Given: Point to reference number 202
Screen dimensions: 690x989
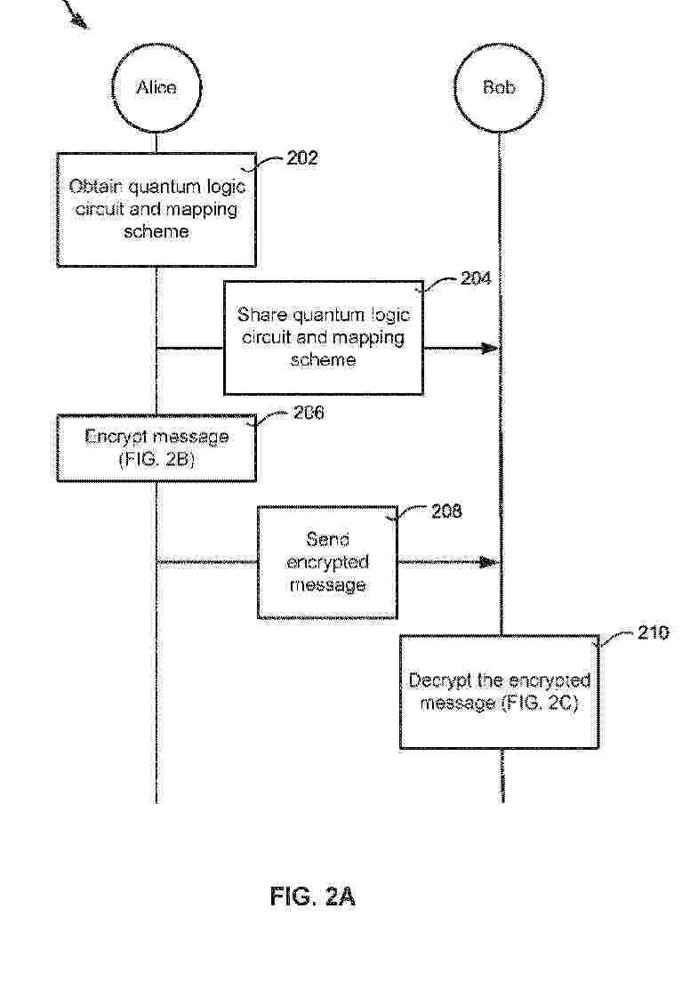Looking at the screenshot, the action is (x=302, y=157).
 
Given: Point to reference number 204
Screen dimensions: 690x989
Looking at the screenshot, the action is (x=476, y=278).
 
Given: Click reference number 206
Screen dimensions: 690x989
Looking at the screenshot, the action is (x=309, y=413).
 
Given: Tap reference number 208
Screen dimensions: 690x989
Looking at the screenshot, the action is (x=446, y=511).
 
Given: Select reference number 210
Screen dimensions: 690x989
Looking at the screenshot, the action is (x=653, y=632).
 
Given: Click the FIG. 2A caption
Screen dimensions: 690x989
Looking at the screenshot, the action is (x=313, y=897).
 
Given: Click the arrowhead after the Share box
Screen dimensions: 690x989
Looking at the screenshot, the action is (x=491, y=348).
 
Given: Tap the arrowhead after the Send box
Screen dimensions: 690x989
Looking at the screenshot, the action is (x=489, y=561).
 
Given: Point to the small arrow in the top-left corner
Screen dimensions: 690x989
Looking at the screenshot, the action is (x=76, y=14).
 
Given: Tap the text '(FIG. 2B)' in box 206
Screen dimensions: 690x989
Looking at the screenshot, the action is (x=156, y=459).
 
